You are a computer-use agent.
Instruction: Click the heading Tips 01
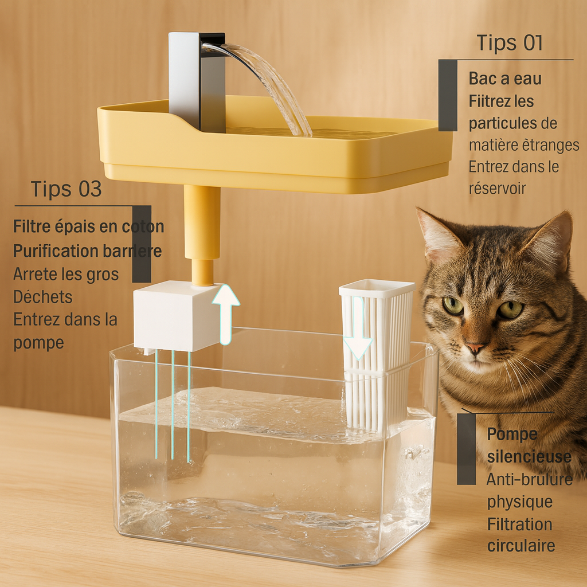(x=510, y=44)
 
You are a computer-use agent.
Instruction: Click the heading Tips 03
(x=66, y=189)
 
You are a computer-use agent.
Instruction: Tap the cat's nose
(x=475, y=347)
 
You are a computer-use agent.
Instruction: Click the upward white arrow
(x=226, y=313)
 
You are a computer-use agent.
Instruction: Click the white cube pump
(x=172, y=315)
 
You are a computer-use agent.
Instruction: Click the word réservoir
(x=497, y=189)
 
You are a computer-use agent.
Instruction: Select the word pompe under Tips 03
(x=38, y=342)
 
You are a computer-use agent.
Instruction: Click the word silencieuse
(x=529, y=457)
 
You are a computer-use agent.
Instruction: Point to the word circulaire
(x=521, y=546)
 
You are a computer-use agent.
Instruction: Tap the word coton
(x=143, y=226)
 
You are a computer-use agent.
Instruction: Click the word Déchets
(x=43, y=297)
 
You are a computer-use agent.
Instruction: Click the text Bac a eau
(x=505, y=79)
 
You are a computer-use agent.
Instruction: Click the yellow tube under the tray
(x=202, y=229)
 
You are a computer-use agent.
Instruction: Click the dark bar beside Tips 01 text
(x=448, y=95)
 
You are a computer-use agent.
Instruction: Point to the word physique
(x=520, y=502)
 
